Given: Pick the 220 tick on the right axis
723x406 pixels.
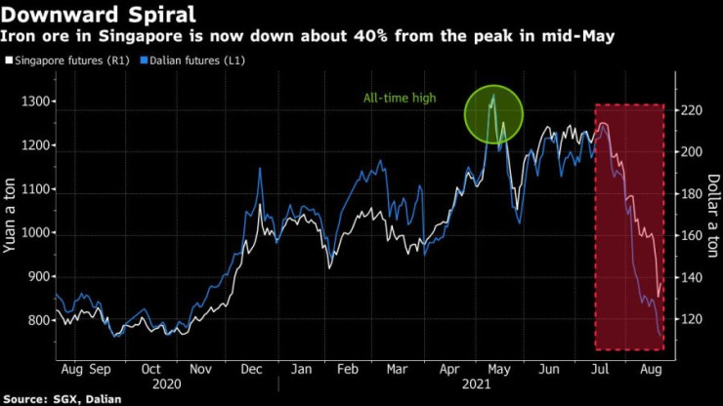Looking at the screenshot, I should [x=692, y=110].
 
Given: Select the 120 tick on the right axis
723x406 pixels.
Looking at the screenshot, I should [x=692, y=319].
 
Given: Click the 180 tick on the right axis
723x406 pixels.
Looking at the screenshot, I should [x=692, y=194].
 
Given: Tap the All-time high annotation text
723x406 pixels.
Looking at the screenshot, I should [x=402, y=98].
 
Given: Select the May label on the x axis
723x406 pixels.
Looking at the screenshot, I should [x=498, y=371].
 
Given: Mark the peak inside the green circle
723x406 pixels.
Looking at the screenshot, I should [x=493, y=95].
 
